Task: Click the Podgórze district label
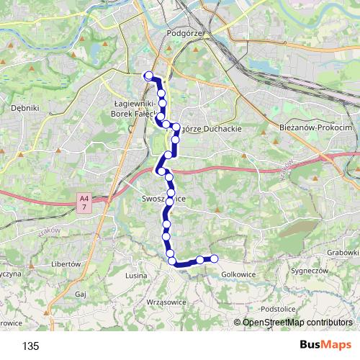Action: tap(186, 33)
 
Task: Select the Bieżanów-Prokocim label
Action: tap(314, 127)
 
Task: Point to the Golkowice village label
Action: tap(238, 274)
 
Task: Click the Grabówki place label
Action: tap(341, 253)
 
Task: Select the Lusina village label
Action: tap(137, 276)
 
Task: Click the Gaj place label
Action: tap(80, 294)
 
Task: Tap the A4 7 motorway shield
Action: tap(84, 202)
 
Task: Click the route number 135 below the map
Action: tap(30, 346)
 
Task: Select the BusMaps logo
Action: tap(325, 346)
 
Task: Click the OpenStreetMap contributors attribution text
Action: tap(296, 323)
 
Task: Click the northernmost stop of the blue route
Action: tap(149, 76)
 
